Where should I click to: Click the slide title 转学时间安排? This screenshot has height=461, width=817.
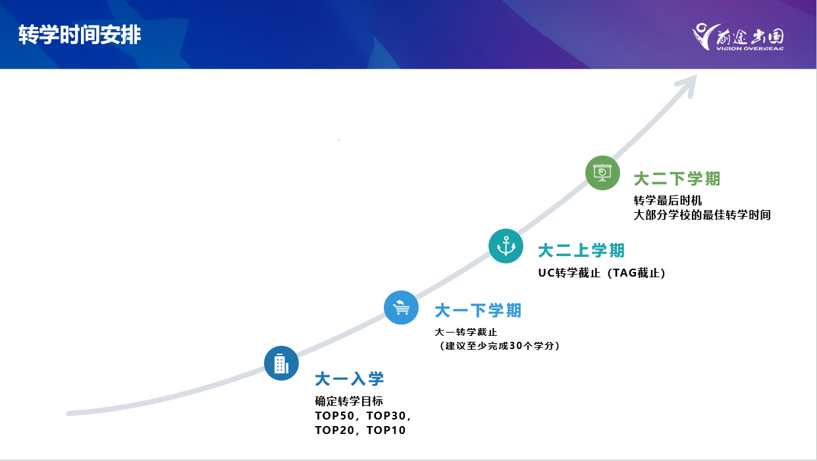coord(80,35)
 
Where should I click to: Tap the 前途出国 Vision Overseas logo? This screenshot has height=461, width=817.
coord(738,37)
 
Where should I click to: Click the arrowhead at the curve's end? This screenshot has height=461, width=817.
coord(687,85)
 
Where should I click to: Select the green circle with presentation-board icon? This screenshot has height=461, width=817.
coord(602,173)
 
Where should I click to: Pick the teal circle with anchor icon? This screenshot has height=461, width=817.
coord(506,246)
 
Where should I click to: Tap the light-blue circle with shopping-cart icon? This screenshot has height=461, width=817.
coord(401,308)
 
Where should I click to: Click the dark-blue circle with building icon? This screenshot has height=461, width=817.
coord(281,363)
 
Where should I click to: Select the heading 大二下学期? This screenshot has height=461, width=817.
coord(677,179)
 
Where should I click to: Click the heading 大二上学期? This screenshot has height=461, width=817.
coord(581,251)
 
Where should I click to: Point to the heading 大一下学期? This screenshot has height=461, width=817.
coord(478,311)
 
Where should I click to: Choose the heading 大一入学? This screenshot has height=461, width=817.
coord(350,379)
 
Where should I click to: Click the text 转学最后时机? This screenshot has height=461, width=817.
coord(668,200)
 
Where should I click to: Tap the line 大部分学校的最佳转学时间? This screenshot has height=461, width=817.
coord(702,215)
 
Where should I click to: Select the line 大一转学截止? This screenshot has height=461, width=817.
coord(466,332)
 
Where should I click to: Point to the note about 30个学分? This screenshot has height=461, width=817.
coord(498,346)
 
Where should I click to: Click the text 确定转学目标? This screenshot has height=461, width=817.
coord(349,401)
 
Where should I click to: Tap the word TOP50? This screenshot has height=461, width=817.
coord(334,416)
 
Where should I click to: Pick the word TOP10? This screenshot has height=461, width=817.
coord(386,430)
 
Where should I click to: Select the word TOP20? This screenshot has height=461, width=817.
coord(334,430)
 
